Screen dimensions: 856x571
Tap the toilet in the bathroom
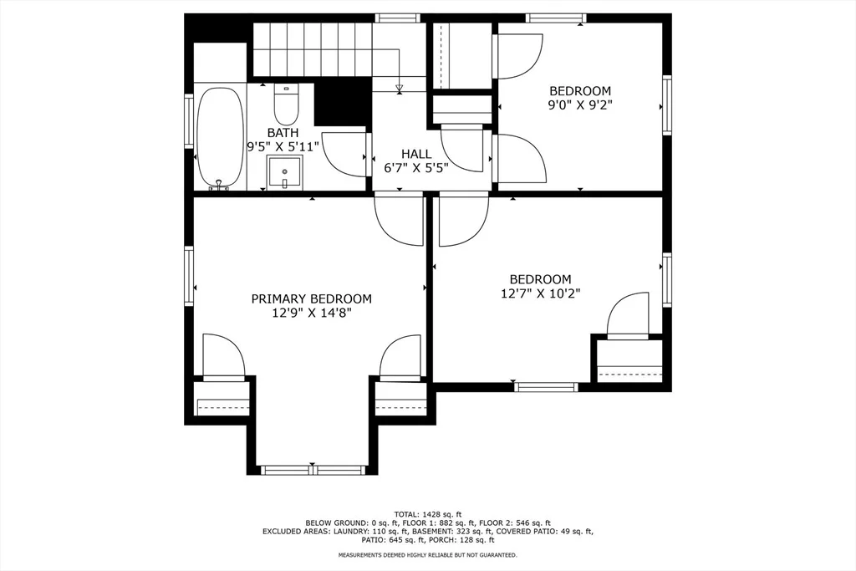pos(286,105)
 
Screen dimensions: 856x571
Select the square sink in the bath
pos(284,172)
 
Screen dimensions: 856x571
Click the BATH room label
pos(283,133)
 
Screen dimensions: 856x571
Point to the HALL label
pos(416,154)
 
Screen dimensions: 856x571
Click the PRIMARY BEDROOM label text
pos(311,298)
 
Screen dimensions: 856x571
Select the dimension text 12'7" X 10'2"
pos(541,293)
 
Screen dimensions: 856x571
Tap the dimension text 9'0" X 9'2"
pos(580,105)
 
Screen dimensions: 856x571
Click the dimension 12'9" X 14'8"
pos(311,313)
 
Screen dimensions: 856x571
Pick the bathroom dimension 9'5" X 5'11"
pos(283,147)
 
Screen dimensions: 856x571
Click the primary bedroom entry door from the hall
pos(400,220)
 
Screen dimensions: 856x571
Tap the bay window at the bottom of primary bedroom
pos(313,469)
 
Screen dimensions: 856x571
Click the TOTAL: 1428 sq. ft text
pos(428,513)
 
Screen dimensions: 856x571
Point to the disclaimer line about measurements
pos(427,555)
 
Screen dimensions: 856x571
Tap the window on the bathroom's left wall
pos(189,120)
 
